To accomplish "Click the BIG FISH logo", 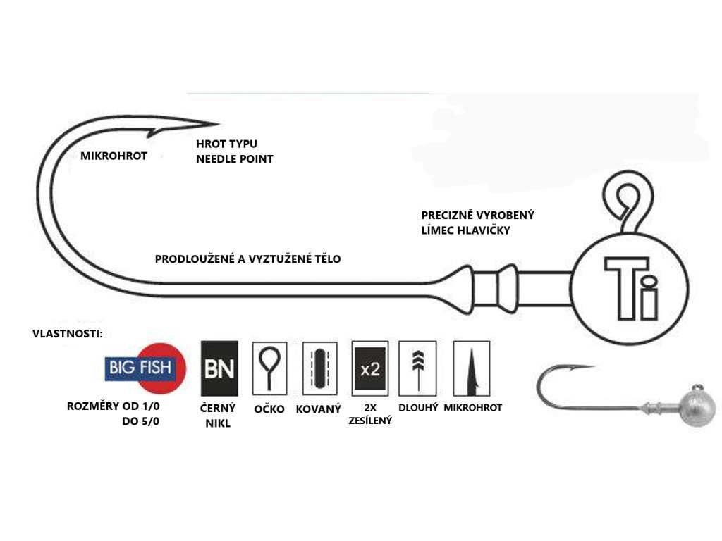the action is (x=145, y=368).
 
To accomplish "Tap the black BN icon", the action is (x=219, y=368).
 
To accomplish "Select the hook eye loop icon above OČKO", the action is (x=269, y=368).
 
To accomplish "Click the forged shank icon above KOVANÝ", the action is (x=319, y=368).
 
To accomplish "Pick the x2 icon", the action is (x=369, y=368).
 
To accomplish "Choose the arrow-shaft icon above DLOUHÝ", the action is (x=417, y=368).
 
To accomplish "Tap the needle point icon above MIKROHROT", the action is (x=472, y=368).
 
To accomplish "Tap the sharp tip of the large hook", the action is (x=218, y=123).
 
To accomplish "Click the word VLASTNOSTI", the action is (x=67, y=333).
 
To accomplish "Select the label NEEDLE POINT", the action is (x=235, y=159).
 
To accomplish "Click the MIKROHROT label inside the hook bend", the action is (x=114, y=156).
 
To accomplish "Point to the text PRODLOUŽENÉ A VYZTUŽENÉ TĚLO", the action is (x=247, y=259).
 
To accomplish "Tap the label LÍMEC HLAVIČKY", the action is (x=465, y=230).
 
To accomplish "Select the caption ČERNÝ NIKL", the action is (x=218, y=416).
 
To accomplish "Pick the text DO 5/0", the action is (x=141, y=421).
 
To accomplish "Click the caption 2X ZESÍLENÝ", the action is (x=370, y=414).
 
